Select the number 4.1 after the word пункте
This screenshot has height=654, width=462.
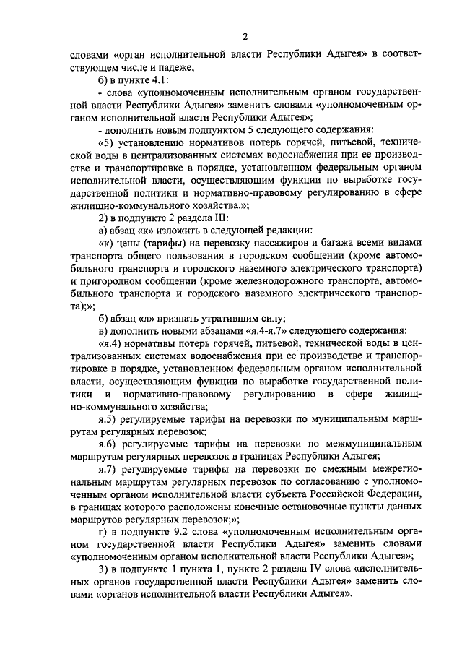coord(157,80)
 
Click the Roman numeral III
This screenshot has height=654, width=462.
coord(220,217)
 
